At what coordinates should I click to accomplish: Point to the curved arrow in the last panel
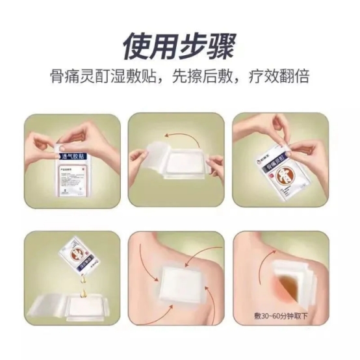tap(266, 268)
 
